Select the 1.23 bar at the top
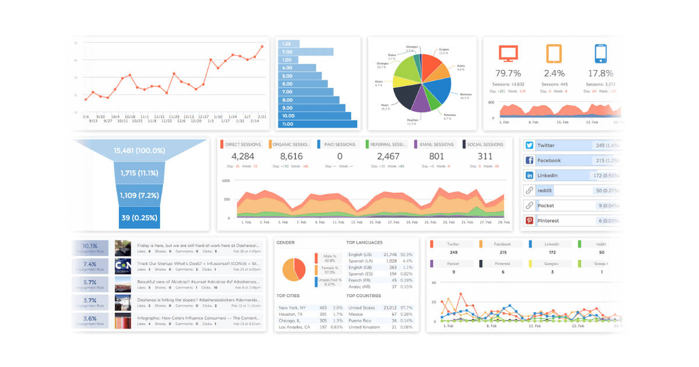pyautogui.click(x=288, y=44)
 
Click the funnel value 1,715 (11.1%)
pyautogui.click(x=139, y=174)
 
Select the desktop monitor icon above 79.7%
pyautogui.click(x=508, y=54)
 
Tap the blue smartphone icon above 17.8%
pyautogui.click(x=601, y=54)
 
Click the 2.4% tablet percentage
pyautogui.click(x=554, y=73)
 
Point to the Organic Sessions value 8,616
pyautogui.click(x=291, y=156)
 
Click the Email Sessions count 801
pyautogui.click(x=436, y=156)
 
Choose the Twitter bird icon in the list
pyautogui.click(x=529, y=146)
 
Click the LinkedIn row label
pyautogui.click(x=548, y=175)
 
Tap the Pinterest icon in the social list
pyautogui.click(x=529, y=221)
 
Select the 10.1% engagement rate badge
pyautogui.click(x=90, y=246)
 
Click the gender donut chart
pyautogui.click(x=294, y=269)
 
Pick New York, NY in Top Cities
pyautogui.click(x=292, y=308)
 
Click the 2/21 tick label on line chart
pyautogui.click(x=262, y=117)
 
